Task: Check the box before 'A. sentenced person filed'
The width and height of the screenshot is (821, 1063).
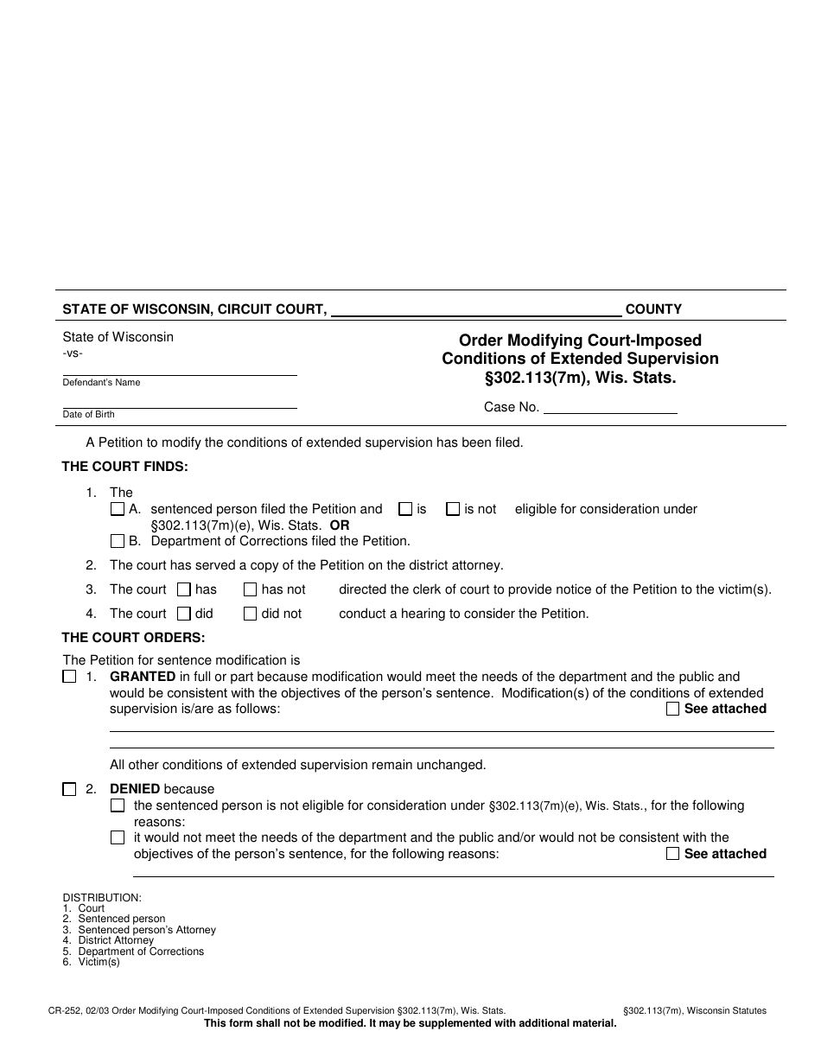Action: click(118, 510)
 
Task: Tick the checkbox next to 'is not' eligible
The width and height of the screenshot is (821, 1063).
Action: click(453, 510)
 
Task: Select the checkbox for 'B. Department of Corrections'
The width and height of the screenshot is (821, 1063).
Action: click(118, 542)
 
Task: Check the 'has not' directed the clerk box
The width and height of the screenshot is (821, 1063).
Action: click(250, 590)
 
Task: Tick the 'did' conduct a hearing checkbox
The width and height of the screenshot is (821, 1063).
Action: click(183, 614)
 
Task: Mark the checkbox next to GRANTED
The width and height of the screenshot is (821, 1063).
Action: click(69, 678)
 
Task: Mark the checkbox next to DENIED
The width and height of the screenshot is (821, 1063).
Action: click(69, 789)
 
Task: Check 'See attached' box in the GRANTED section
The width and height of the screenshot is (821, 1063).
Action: click(673, 710)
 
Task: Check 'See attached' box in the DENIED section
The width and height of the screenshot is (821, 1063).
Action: click(673, 854)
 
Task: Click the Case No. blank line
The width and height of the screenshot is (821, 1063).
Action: click(610, 408)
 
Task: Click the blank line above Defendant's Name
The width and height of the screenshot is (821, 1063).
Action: click(180, 371)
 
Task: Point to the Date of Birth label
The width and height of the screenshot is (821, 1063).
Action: click(88, 415)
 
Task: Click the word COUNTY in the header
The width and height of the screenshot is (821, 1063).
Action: click(653, 309)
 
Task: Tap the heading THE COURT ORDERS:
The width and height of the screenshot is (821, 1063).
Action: click(133, 639)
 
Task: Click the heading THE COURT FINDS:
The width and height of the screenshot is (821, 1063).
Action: click(124, 468)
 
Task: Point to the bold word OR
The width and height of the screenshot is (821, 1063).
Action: click(340, 525)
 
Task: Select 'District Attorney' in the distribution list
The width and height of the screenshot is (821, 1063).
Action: click(116, 940)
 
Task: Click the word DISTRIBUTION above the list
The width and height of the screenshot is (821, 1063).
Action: click(102, 898)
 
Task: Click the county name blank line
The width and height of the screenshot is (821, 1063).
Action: click(476, 311)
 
